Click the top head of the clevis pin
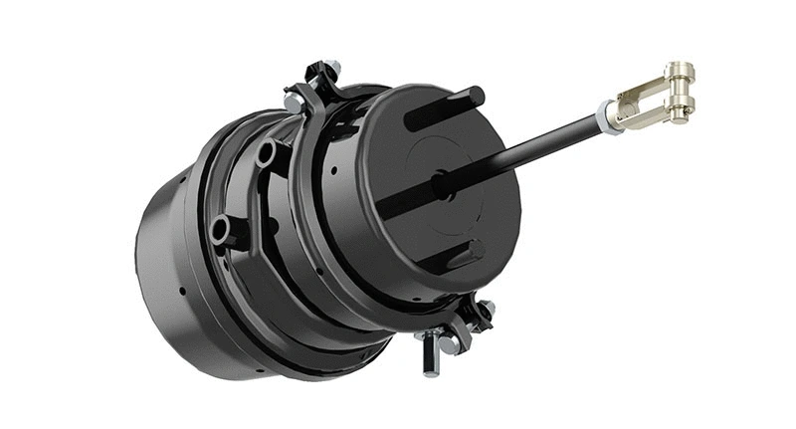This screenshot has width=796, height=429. coord(686,71)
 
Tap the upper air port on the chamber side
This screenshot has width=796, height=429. coord(267,152)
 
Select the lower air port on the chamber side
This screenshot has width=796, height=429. coord(220,230)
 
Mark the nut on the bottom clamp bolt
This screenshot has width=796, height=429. coord(485,313)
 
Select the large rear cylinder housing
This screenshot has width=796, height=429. coord(189,269)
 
